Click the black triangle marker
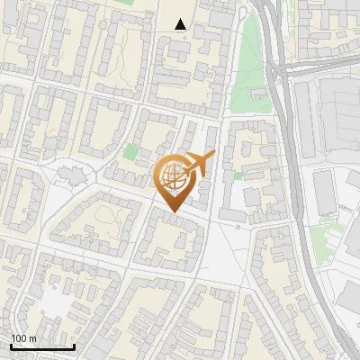point(181,24)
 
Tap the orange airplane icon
point(199,164)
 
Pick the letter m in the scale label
point(32,338)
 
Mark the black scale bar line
point(41,346)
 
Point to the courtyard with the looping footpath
point(110,216)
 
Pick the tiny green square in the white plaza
point(238,227)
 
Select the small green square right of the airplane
point(238,175)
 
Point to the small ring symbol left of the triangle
point(105,23)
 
